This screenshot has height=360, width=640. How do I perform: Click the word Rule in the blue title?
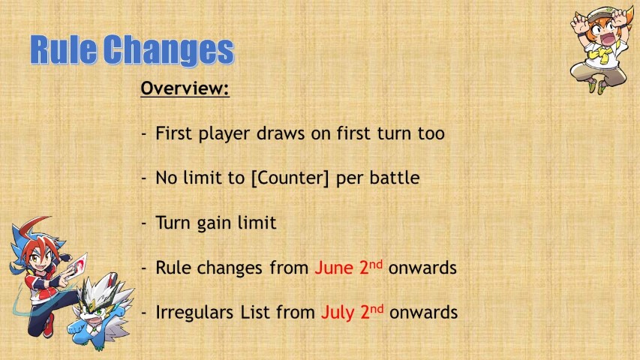click(64, 49)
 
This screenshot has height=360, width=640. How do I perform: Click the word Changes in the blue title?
click(169, 51)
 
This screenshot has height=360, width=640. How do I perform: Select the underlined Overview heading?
click(185, 88)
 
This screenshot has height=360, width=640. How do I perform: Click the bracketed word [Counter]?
click(290, 178)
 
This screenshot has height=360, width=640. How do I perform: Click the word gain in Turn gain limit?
click(215, 223)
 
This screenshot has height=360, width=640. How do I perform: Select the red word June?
click(333, 268)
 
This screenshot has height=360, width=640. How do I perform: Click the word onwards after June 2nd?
click(422, 268)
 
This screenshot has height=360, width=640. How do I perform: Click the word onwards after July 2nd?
click(423, 313)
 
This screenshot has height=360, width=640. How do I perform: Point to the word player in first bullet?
click(224, 134)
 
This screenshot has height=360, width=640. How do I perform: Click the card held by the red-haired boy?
click(77, 265)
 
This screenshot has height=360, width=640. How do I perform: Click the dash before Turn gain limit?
click(143, 223)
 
